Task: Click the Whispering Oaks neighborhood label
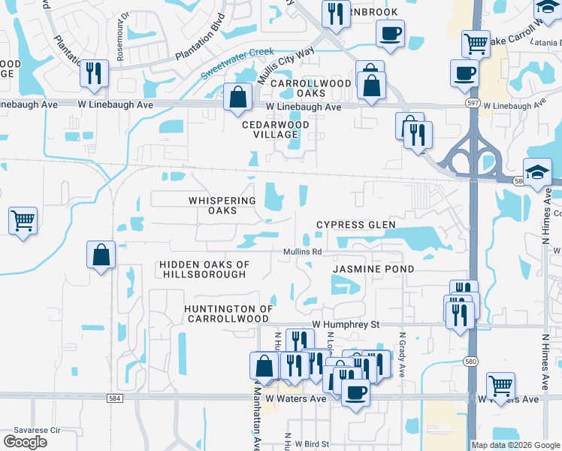click(x=213, y=205)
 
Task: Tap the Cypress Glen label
click(x=355, y=225)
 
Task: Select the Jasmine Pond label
click(x=373, y=268)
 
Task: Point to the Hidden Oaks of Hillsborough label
click(x=203, y=269)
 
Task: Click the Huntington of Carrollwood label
click(x=229, y=314)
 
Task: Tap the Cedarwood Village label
click(x=270, y=129)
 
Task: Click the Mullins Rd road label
click(x=302, y=252)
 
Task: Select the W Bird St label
click(x=311, y=444)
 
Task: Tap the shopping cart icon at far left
click(x=23, y=221)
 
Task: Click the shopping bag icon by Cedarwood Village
click(x=237, y=97)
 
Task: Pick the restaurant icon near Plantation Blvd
click(x=94, y=73)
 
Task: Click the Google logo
click(x=25, y=442)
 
